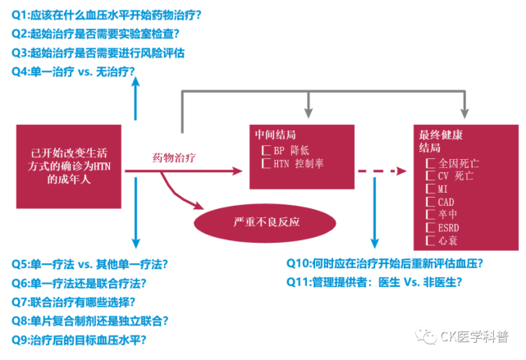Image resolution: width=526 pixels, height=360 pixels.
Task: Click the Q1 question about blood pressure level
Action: click(107, 16)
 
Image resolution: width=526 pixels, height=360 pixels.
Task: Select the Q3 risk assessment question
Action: click(98, 52)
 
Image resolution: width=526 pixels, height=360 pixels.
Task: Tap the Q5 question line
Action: click(89, 264)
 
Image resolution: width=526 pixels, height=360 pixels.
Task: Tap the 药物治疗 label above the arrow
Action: click(175, 157)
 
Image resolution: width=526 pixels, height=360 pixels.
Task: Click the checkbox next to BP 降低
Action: click(266, 151)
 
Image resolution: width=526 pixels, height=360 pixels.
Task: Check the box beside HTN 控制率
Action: click(266, 163)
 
